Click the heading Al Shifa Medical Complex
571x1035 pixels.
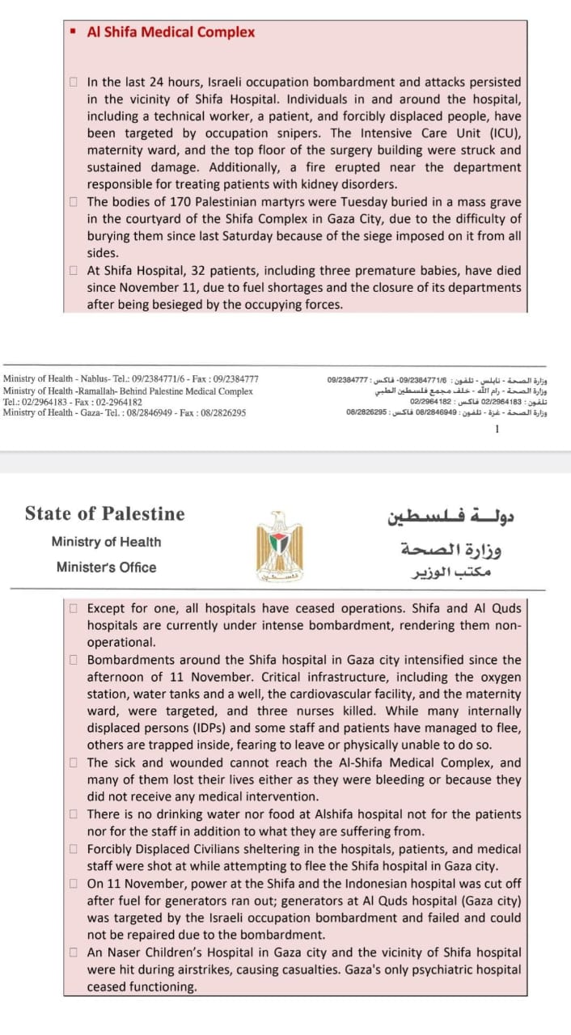(x=171, y=32)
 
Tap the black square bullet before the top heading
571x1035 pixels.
(x=73, y=32)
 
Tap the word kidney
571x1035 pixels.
(x=332, y=184)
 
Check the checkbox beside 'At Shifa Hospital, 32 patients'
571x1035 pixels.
(x=74, y=270)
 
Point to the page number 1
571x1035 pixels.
(x=496, y=429)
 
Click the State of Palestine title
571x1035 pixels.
(x=104, y=513)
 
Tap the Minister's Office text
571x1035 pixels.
(x=106, y=567)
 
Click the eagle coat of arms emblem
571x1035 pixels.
(x=278, y=547)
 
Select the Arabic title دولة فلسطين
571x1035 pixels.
(x=451, y=514)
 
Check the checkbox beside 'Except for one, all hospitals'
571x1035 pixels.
(x=74, y=608)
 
